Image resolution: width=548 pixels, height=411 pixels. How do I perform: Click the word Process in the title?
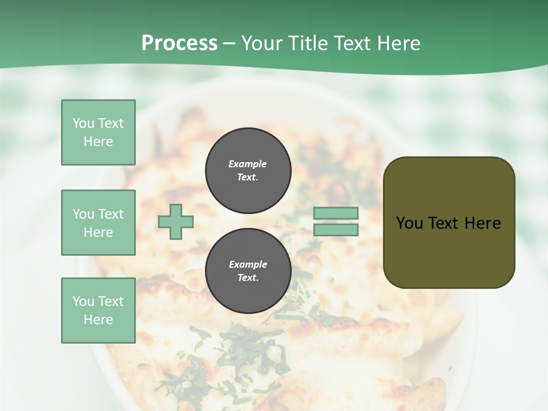(x=179, y=43)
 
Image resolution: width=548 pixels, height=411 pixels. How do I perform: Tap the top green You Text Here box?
(x=98, y=132)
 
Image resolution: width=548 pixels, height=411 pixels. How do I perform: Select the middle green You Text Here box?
(x=98, y=223)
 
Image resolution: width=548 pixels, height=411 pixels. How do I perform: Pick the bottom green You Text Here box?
(x=98, y=311)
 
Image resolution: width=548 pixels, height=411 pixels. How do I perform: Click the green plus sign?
(x=176, y=221)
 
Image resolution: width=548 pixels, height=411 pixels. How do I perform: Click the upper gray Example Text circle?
(x=248, y=171)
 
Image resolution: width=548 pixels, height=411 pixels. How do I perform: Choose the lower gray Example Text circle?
(x=248, y=271)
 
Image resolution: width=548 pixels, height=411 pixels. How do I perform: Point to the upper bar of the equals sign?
(x=336, y=213)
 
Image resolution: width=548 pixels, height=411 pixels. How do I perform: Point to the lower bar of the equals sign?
(x=336, y=230)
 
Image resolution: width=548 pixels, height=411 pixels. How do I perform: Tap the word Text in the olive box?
(x=445, y=223)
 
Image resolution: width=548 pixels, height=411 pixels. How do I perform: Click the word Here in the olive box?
(x=482, y=223)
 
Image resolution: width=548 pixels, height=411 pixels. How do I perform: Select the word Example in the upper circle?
(x=248, y=164)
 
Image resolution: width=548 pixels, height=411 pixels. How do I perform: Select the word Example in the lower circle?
(x=248, y=264)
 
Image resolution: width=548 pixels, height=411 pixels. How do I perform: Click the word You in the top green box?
(x=83, y=123)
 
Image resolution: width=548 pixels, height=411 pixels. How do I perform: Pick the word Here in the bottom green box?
(x=98, y=320)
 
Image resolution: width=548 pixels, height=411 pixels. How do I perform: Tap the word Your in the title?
(x=263, y=43)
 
